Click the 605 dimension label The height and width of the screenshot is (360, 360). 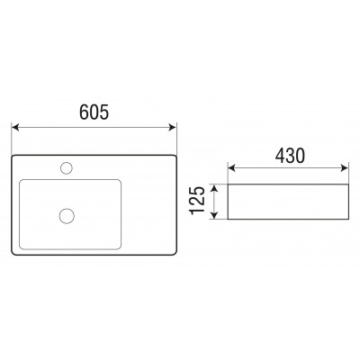[94, 112]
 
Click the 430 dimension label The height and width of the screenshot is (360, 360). [290, 156]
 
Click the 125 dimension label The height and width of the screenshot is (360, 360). [197, 201]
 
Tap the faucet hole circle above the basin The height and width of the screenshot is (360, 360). [67, 168]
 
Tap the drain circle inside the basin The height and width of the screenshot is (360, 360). [67, 216]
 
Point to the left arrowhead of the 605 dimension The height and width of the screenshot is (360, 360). [15, 127]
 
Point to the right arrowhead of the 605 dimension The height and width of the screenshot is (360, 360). [173, 127]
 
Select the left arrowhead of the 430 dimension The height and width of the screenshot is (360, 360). [231, 168]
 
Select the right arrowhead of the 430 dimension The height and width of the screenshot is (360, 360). [345, 168]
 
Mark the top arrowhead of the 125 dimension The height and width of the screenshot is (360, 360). [214, 188]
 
